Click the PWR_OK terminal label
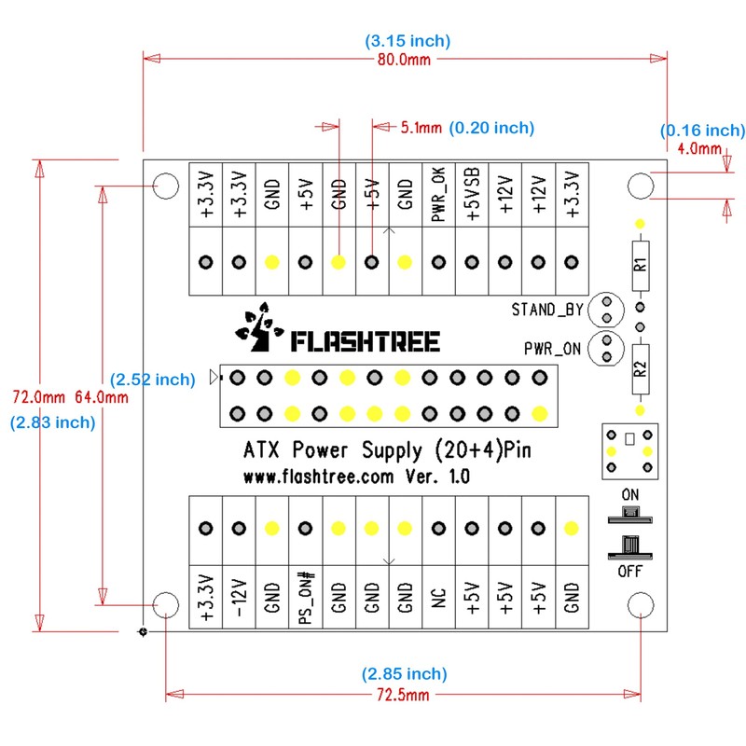[439, 195]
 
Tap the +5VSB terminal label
[473, 195]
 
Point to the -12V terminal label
[239, 598]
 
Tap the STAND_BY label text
[546, 309]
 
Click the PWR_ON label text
[553, 350]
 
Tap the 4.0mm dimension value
[699, 148]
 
